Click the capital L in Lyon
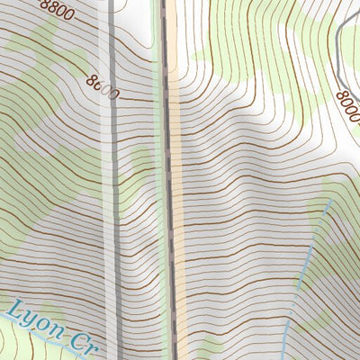pos(15,310)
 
